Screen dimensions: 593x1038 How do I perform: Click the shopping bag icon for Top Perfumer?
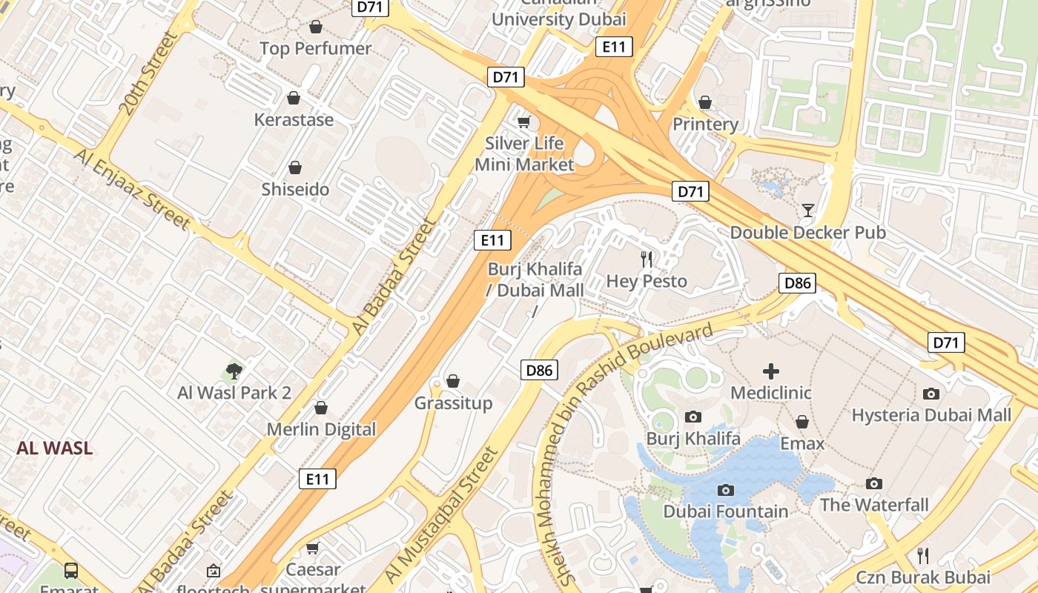point(316,27)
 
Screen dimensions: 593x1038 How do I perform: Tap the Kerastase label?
point(294,119)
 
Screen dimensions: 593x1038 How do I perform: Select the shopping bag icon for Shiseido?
point(295,168)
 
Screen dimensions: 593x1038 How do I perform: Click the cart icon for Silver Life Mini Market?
point(524,122)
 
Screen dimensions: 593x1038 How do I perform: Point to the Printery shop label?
point(705,124)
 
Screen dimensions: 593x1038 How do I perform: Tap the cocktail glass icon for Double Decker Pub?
point(807,211)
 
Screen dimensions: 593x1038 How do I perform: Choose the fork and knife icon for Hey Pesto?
point(647,259)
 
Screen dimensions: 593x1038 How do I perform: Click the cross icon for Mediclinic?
point(771,371)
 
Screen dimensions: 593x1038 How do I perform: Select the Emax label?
point(802,443)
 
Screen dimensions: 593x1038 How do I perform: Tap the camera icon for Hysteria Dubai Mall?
point(931,394)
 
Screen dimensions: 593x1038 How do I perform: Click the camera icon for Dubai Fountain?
point(726,490)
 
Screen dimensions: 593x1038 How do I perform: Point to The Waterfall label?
point(874,505)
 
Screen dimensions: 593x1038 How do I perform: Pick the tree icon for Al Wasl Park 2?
point(234,371)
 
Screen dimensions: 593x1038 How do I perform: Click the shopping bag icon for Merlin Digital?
point(321,408)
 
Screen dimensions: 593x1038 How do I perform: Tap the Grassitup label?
point(453,403)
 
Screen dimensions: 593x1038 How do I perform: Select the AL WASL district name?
point(55,448)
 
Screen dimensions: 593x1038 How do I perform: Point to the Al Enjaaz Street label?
point(132,188)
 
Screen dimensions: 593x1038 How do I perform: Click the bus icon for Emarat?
point(71,570)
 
